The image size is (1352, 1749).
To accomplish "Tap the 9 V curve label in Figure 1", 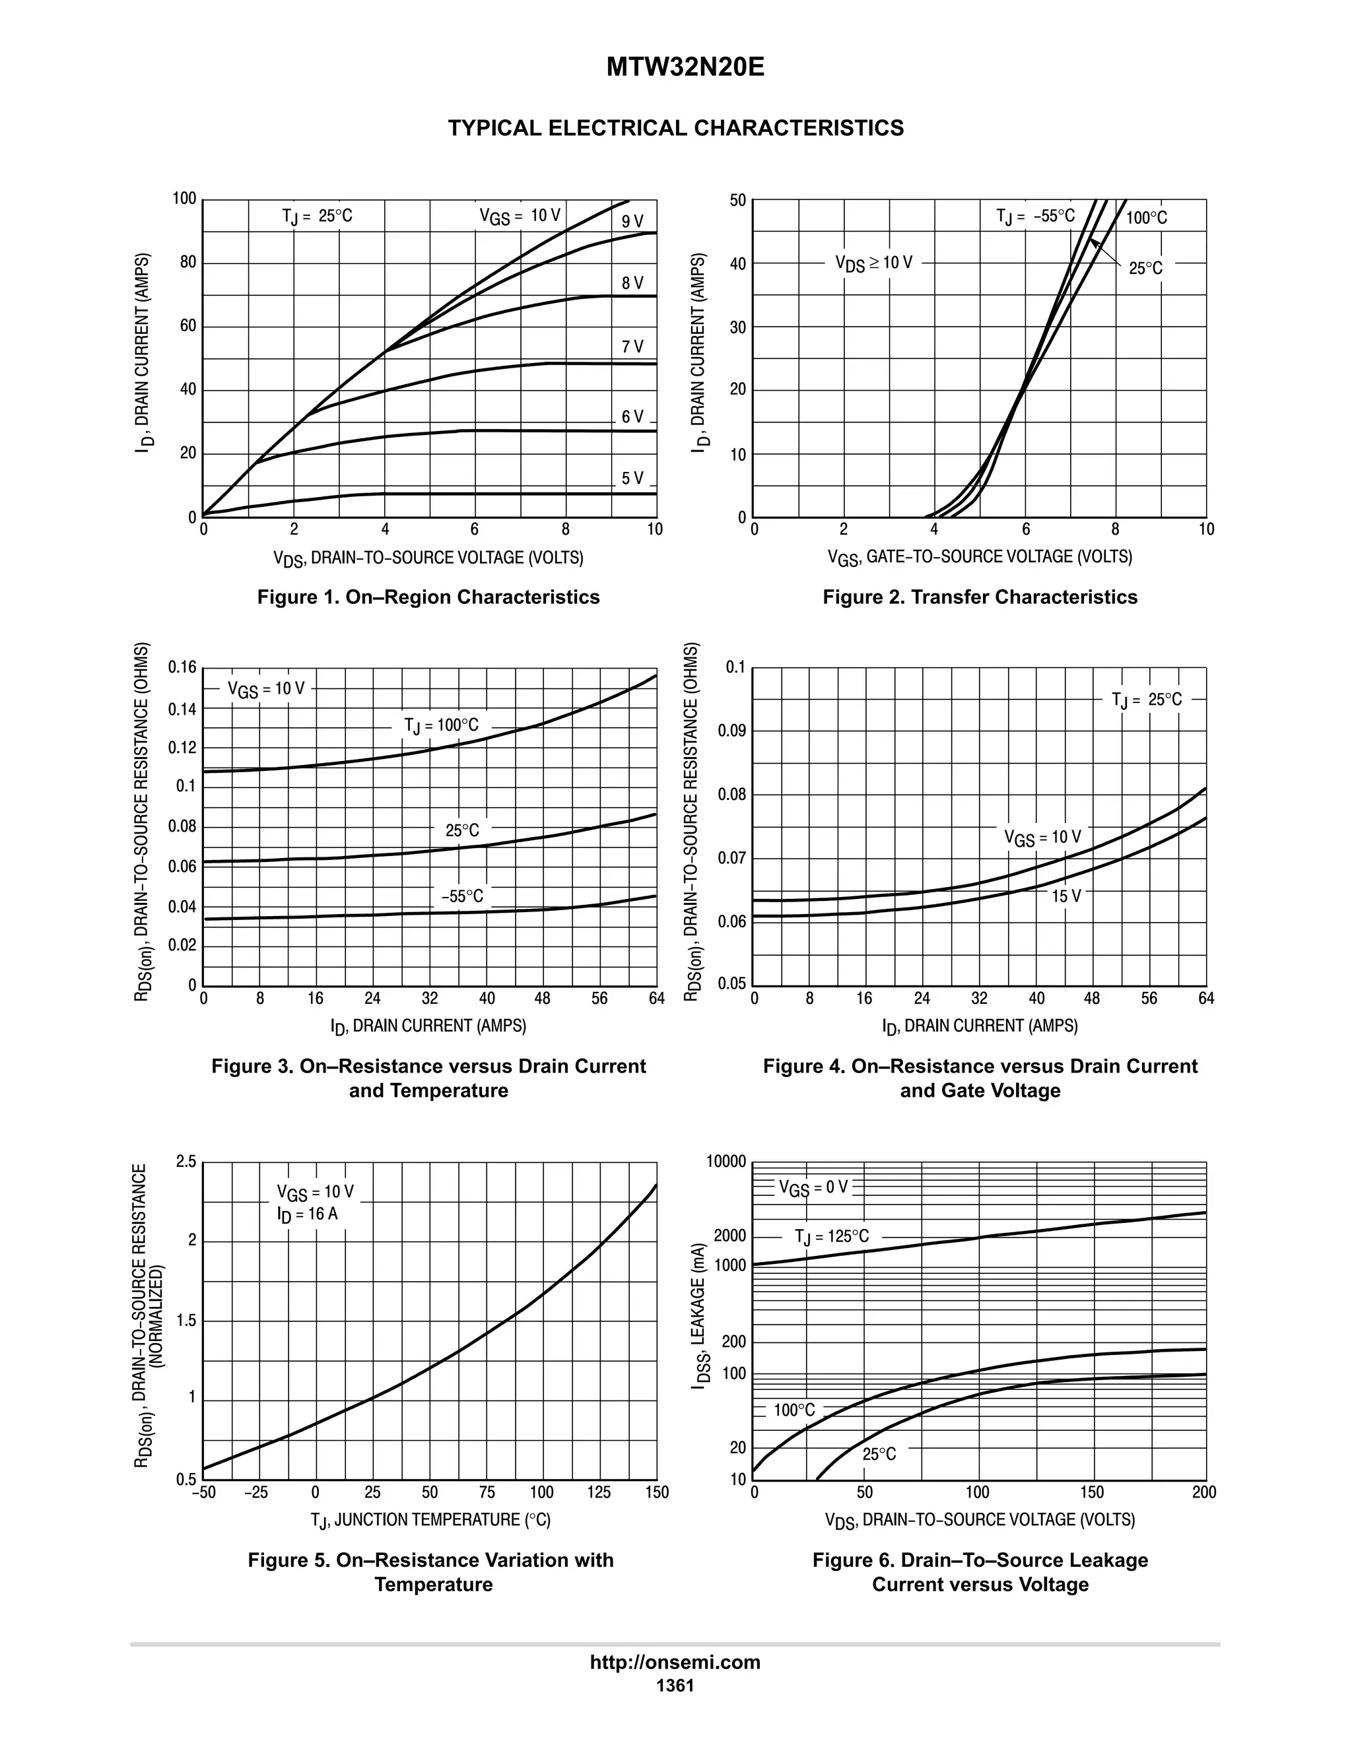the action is click(632, 222).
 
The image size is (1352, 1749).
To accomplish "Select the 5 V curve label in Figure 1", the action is click(632, 478).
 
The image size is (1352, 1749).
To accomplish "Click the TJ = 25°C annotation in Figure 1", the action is click(317, 216).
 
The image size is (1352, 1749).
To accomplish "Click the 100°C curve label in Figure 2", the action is click(1146, 218).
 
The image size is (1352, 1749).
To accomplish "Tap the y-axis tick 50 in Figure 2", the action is click(737, 200).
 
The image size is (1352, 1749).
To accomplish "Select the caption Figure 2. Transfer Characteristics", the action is click(980, 597).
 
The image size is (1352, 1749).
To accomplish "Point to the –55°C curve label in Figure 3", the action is click(462, 896).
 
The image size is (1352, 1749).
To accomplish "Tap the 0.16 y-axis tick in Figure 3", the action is click(182, 667).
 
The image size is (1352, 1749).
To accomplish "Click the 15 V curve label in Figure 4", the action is click(1066, 896).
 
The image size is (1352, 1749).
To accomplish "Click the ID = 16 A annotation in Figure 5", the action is click(308, 1214).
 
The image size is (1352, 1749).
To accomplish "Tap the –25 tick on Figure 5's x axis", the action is click(256, 1493).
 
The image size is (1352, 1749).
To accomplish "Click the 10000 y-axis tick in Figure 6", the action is click(726, 1162).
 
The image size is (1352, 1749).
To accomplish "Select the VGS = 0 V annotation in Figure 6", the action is click(813, 1187).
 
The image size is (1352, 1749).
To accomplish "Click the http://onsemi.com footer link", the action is click(675, 1663).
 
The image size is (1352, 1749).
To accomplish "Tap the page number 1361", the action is click(675, 1685).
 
